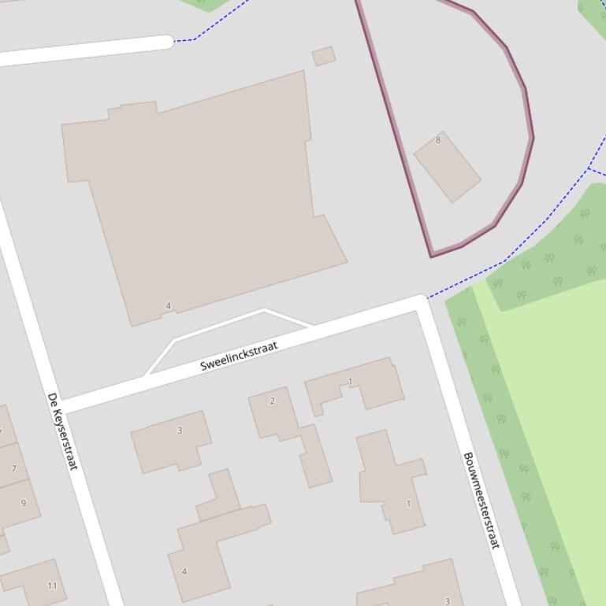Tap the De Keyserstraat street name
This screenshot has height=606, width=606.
coord(62,431)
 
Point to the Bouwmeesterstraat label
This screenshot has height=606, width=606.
coord(481,501)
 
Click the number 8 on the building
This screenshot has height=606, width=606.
coord(438,140)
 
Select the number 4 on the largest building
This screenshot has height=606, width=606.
coord(168,306)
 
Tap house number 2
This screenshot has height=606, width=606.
coord(273,401)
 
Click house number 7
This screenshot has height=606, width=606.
coord(13,468)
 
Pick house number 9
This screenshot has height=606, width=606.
coord(23,503)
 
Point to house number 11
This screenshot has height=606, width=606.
coord(52,586)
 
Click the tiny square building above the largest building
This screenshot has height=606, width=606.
coord(324,56)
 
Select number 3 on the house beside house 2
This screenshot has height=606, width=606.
coord(180,430)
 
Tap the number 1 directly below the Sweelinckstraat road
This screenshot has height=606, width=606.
coord(350,382)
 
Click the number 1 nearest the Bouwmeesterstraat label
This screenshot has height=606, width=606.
coord(408,504)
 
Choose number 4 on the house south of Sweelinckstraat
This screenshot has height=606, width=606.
coord(184,571)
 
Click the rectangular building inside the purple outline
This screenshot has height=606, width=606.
coord(447,168)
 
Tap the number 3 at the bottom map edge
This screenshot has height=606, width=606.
coord(448,601)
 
